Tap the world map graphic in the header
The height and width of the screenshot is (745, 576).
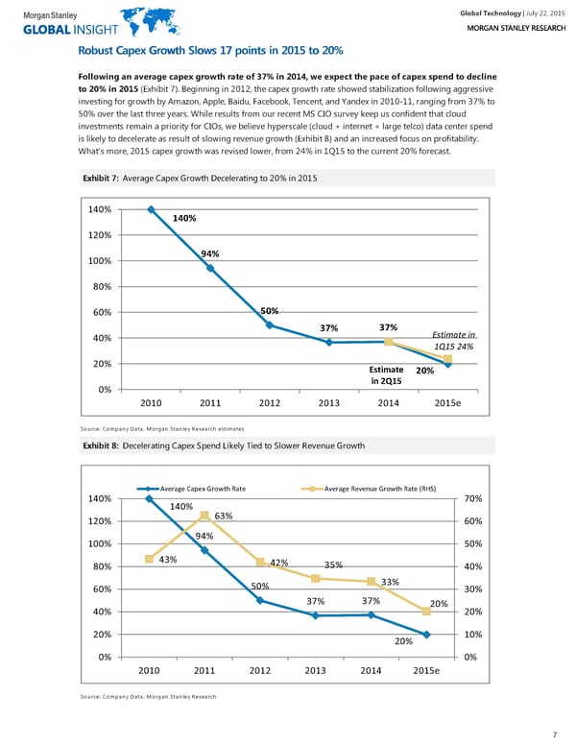138,21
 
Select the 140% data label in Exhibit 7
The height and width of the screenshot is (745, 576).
184,219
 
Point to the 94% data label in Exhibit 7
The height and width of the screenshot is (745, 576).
211,253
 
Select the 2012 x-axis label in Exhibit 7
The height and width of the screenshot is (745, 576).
269,403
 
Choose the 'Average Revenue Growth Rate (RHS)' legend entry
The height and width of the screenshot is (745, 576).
380,490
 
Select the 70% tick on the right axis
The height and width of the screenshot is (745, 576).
472,499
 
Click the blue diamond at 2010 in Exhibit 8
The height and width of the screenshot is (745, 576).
150,499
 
